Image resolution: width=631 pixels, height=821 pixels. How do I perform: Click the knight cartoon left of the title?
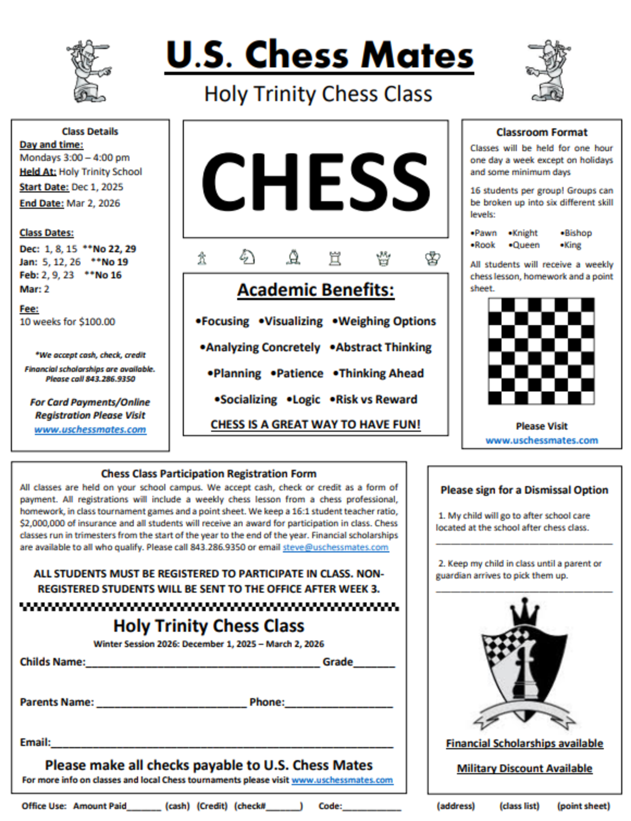(89, 71)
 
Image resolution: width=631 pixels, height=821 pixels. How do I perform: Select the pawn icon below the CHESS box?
(202, 258)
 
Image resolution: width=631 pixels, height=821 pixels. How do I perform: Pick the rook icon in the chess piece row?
(335, 258)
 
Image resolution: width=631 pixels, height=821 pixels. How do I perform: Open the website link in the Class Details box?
(90, 430)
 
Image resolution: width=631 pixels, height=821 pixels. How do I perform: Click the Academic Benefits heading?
(315, 290)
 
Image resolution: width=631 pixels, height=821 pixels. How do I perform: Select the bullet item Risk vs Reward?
(376, 400)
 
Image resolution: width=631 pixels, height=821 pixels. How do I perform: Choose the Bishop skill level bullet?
(578, 233)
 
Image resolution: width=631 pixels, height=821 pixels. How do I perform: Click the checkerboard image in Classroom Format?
(541, 351)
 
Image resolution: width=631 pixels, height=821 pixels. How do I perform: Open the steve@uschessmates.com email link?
(336, 548)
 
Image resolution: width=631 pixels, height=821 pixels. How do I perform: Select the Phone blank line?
(338, 705)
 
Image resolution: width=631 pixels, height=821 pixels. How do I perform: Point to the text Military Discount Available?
(524, 769)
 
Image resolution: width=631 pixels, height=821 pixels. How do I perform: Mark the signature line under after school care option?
(524, 542)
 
